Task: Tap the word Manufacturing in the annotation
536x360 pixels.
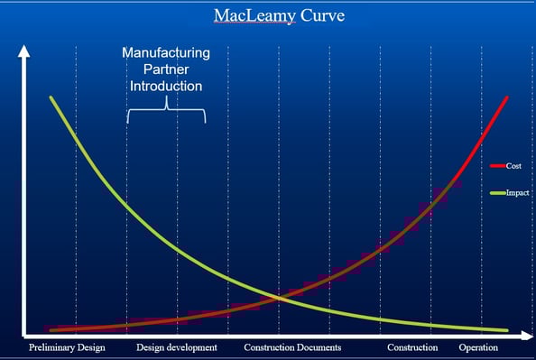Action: click(x=166, y=53)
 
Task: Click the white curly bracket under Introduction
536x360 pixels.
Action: click(x=166, y=114)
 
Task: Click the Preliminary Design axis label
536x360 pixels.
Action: click(x=67, y=347)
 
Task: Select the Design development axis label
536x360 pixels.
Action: click(x=177, y=347)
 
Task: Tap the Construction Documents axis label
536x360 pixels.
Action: click(x=292, y=347)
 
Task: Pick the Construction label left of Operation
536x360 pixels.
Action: click(x=412, y=347)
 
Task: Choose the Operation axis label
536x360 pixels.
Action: click(x=478, y=347)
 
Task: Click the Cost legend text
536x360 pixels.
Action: click(x=513, y=166)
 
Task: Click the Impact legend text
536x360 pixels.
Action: click(x=517, y=193)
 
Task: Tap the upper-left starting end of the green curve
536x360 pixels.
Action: click(x=51, y=97)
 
